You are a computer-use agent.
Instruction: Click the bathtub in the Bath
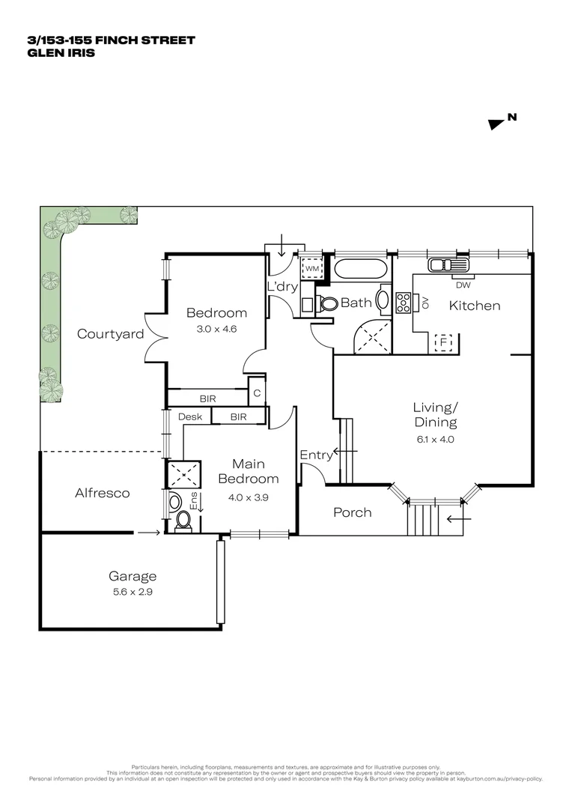click(x=360, y=270)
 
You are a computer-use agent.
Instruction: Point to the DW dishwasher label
click(x=462, y=284)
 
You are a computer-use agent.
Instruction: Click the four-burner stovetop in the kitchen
click(x=403, y=302)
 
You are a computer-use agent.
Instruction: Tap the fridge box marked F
click(x=444, y=342)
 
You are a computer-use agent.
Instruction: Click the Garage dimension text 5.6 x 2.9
click(x=133, y=591)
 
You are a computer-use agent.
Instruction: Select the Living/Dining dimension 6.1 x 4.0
click(x=435, y=440)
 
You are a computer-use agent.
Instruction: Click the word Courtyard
click(x=110, y=334)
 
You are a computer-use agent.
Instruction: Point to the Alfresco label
click(x=103, y=493)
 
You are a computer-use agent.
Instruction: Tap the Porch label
click(x=352, y=512)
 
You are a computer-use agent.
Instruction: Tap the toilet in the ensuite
click(x=182, y=521)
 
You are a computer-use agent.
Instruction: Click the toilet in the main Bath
click(x=327, y=303)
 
